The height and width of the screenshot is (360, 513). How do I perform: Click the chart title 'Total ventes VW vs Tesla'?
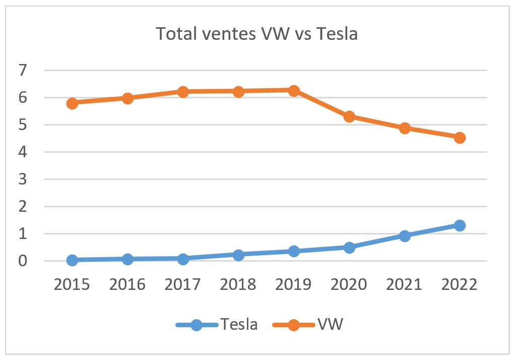click(x=256, y=34)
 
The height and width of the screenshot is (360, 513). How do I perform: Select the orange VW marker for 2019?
click(x=294, y=91)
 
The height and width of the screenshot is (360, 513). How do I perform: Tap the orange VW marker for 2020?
click(x=349, y=117)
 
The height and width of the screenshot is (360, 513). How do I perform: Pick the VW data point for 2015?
click(x=72, y=103)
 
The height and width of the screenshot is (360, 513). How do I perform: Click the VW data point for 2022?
click(x=460, y=138)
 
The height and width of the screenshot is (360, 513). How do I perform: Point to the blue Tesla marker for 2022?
click(x=460, y=225)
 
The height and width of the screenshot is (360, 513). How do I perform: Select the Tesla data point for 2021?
click(x=405, y=235)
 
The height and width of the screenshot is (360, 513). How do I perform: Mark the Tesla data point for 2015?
click(x=72, y=260)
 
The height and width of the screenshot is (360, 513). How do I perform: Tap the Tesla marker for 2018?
click(x=238, y=255)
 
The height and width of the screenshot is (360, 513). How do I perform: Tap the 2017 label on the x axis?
click(x=183, y=284)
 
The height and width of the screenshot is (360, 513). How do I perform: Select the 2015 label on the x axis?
click(x=72, y=284)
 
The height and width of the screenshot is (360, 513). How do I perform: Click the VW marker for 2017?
click(x=183, y=92)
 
